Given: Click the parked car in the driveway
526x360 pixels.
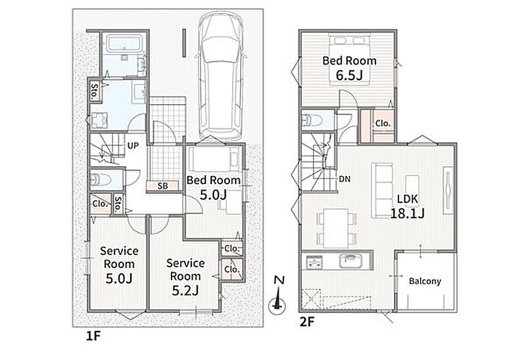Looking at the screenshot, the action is [221, 76].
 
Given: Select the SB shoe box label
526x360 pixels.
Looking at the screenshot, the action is [162, 186].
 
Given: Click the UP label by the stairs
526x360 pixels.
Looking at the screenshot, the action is [133, 146].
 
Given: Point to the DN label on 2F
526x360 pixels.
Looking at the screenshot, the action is [345, 179].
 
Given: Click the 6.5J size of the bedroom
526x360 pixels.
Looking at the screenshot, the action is [350, 76].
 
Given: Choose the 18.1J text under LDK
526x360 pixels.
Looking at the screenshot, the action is [407, 214].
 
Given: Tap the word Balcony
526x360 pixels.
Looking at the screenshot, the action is [425, 281].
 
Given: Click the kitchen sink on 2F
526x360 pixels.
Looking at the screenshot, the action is [352, 260].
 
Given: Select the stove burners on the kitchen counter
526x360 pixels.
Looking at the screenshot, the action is [314, 261].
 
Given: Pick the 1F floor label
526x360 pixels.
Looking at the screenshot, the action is [93, 336].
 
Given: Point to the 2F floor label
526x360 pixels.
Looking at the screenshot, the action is [307, 322].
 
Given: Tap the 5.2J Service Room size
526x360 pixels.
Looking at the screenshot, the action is [185, 290].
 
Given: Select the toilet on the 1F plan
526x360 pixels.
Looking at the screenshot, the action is [101, 179].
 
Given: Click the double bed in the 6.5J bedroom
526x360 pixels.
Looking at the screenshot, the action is [349, 60].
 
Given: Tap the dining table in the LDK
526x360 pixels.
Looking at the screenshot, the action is [336, 228].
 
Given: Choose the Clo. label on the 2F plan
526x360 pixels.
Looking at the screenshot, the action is [383, 124].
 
